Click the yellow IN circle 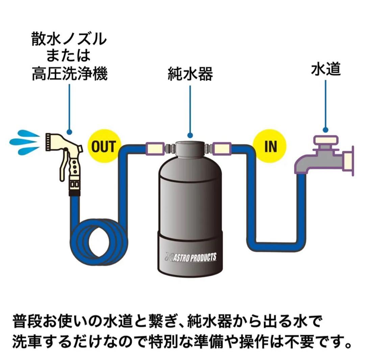click(x=270, y=146)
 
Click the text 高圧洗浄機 click(x=70, y=74)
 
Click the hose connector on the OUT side click(x=155, y=148)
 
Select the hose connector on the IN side click(x=222, y=148)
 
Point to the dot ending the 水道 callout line click(x=325, y=129)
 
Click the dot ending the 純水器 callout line click(x=190, y=135)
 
